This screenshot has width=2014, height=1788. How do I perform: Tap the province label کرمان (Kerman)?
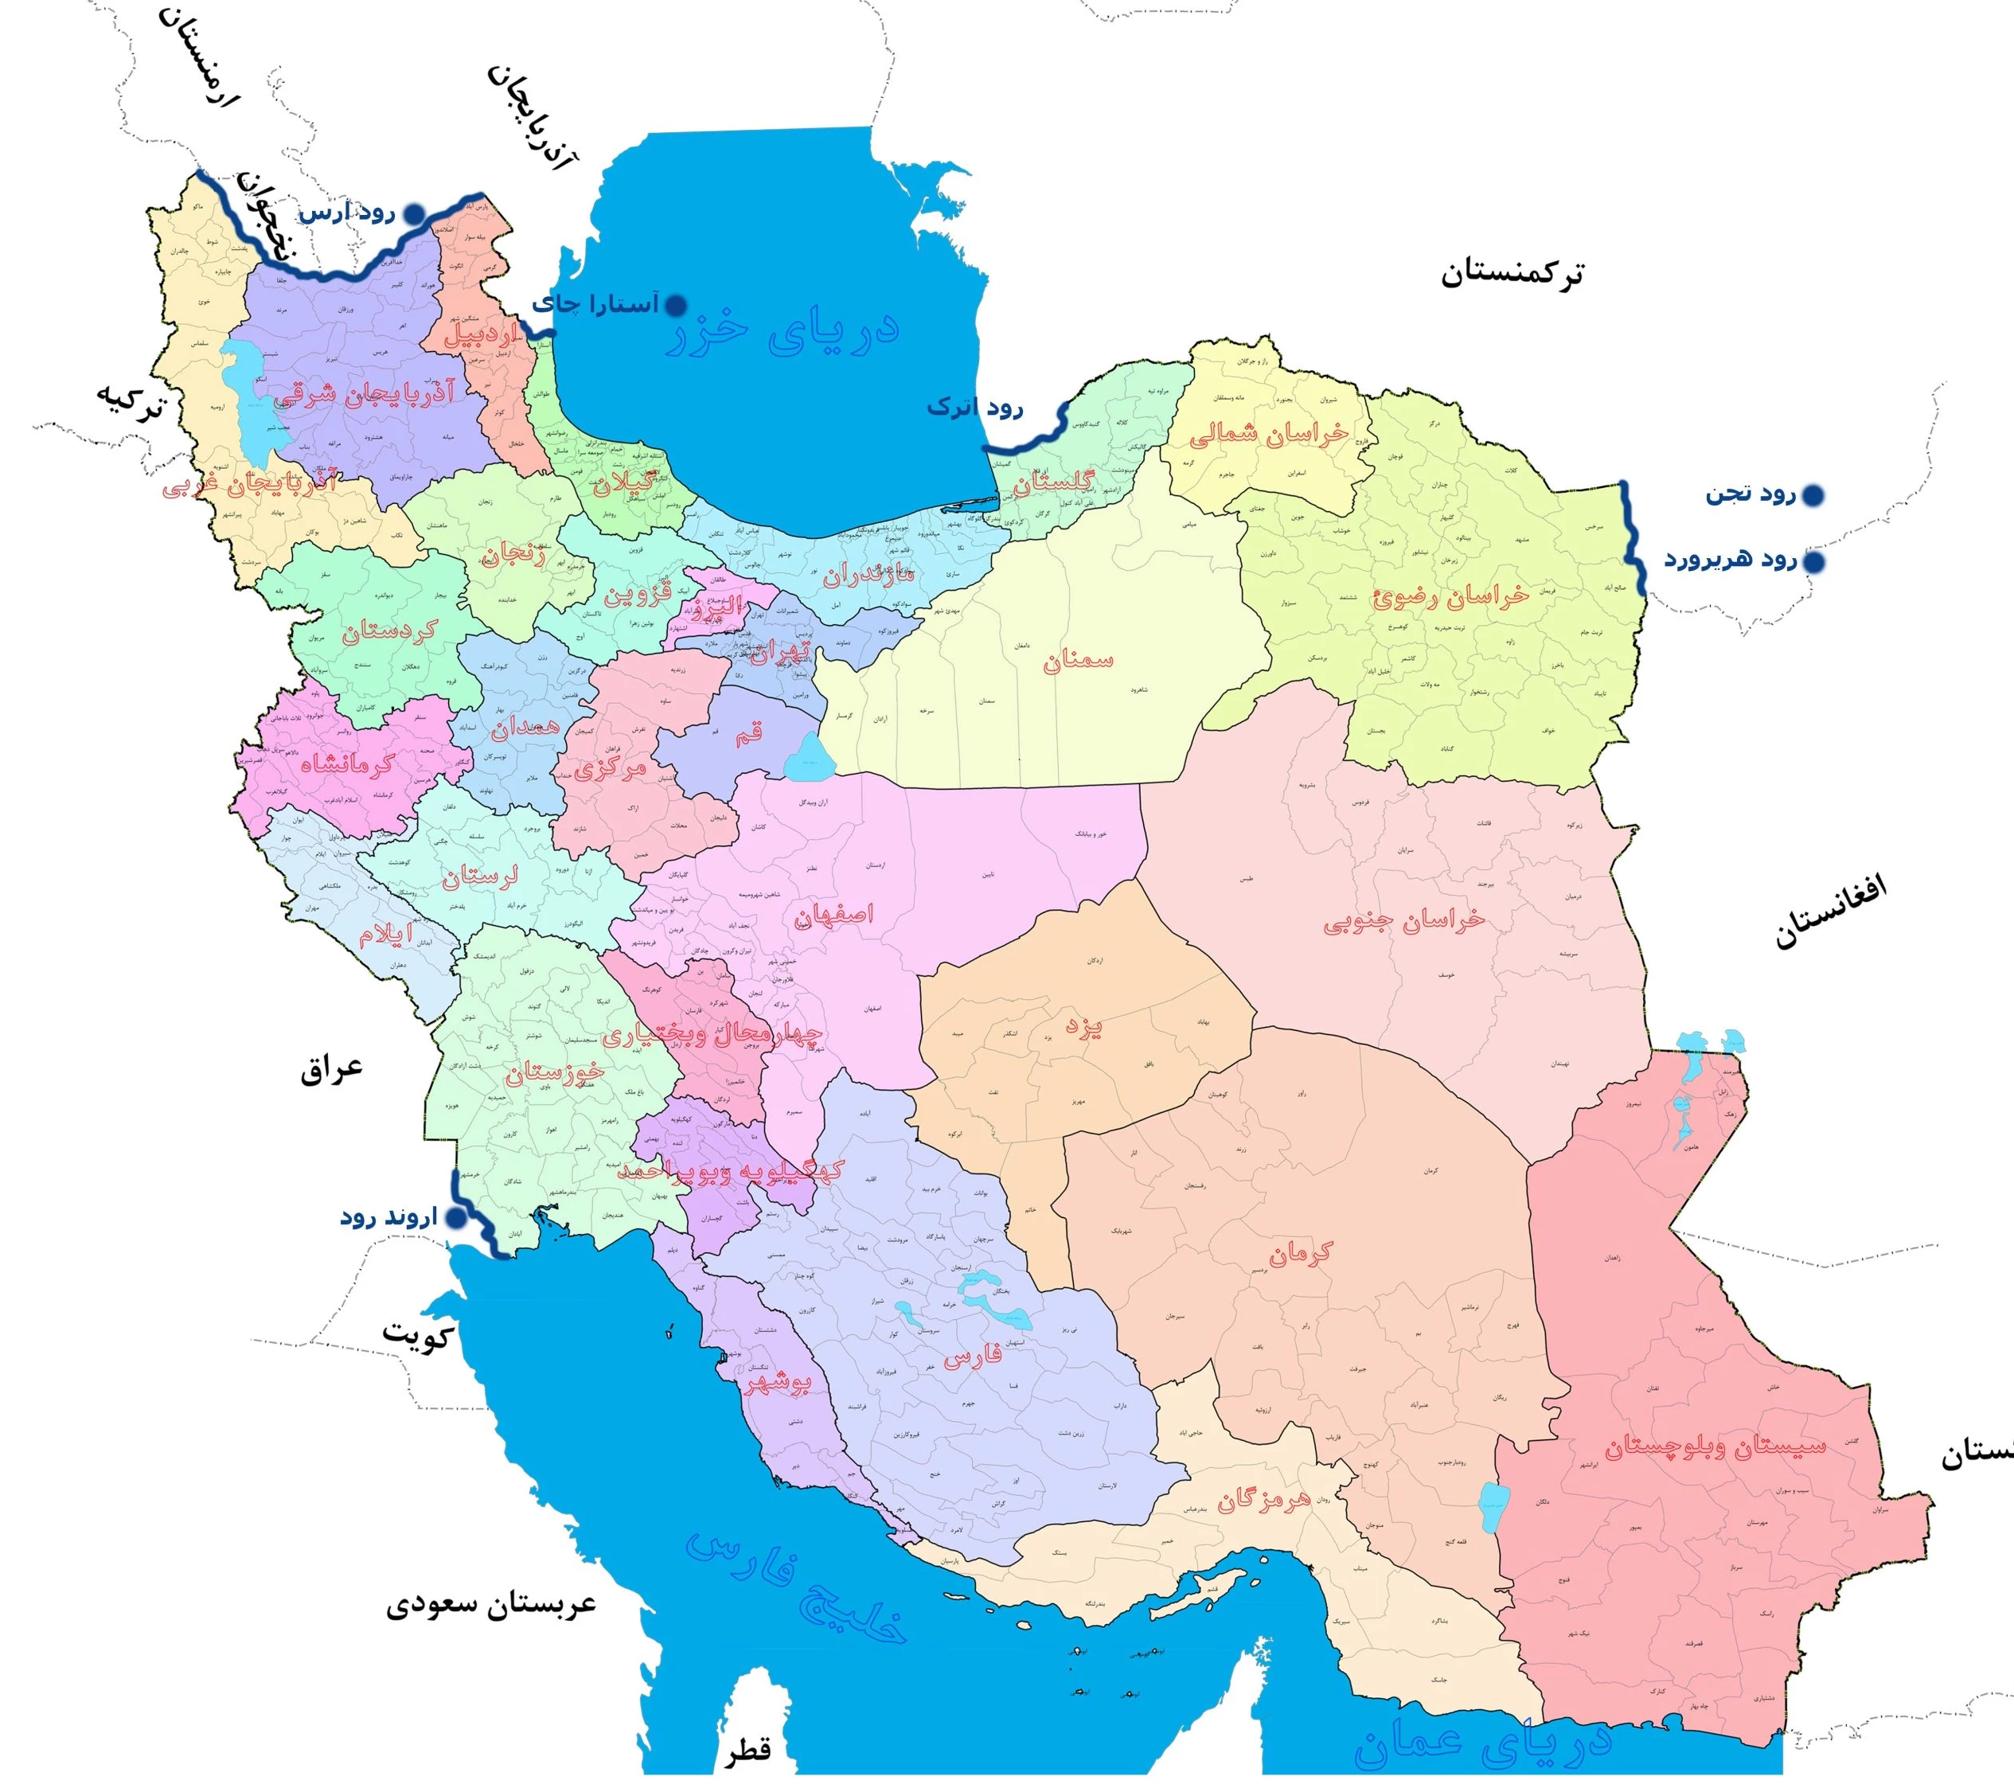(x=1300, y=1253)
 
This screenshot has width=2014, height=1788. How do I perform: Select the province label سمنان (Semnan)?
(x=1078, y=660)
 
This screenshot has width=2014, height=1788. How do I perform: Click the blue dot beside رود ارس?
(x=417, y=213)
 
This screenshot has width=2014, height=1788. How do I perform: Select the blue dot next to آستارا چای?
(x=677, y=306)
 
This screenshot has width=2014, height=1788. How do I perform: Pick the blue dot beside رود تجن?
(x=1812, y=494)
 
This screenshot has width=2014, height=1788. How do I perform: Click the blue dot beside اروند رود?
(x=455, y=1219)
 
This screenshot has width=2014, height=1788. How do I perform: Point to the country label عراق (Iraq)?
(x=332, y=1069)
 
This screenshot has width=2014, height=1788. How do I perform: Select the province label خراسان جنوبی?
(x=1403, y=921)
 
